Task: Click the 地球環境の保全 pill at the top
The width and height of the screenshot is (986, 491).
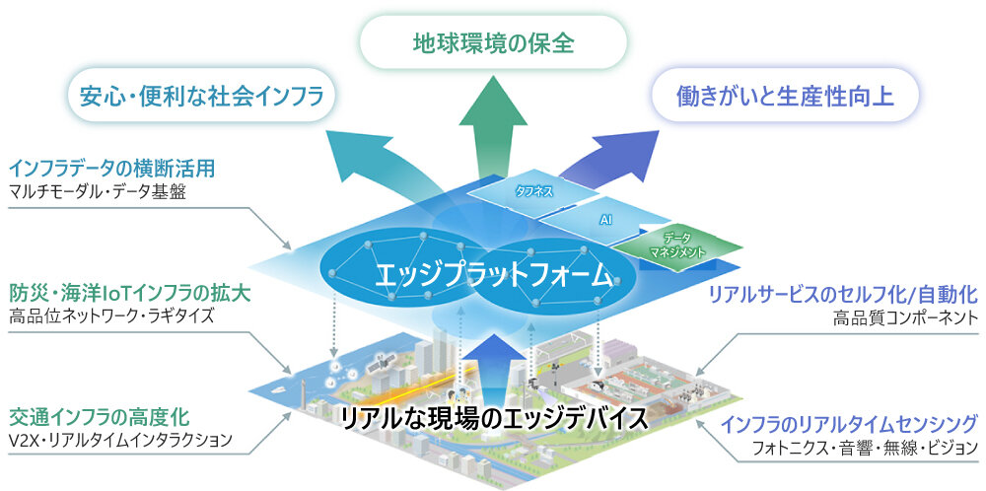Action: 492,43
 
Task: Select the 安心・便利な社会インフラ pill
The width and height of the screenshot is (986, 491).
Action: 201,96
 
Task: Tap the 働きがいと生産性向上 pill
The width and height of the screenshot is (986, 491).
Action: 785,96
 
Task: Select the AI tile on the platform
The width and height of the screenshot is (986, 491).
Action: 606,222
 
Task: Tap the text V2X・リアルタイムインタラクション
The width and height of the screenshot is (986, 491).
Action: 119,440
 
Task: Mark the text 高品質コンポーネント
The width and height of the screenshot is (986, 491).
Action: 905,317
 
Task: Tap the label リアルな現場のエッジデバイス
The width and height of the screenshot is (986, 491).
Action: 494,418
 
